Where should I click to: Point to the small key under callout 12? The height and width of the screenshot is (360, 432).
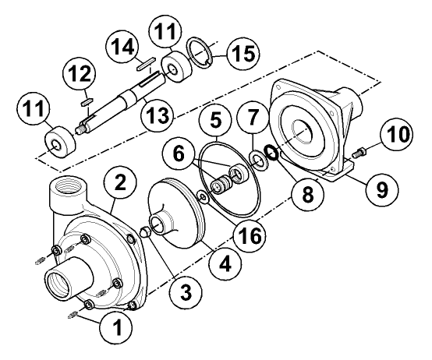click(87, 101)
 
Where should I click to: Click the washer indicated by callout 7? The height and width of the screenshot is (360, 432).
click(257, 161)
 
